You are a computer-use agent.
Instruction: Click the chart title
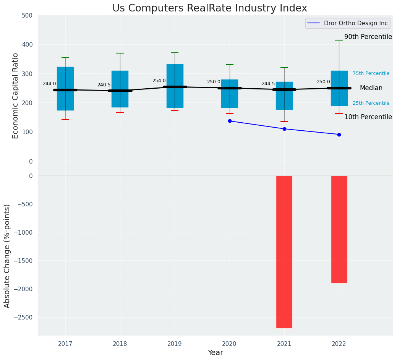pos(209,8)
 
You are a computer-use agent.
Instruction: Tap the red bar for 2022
pos(339,229)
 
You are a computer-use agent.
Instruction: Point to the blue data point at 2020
pos(230,121)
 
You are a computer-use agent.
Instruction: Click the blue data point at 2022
pos(339,135)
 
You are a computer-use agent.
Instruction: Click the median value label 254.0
pos(159,81)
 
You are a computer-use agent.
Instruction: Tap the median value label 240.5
pos(104,85)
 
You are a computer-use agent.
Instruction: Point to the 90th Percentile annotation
pos(368,37)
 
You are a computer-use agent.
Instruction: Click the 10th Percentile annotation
pos(368,117)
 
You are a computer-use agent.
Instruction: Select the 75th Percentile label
pos(371,73)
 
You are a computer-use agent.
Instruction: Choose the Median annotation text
pos(371,88)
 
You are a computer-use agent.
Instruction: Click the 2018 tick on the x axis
pos(120,344)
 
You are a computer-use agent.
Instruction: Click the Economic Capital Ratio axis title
pos(16,96)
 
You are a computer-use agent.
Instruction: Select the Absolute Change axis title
pos(7,256)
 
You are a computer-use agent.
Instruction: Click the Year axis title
pos(216,353)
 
